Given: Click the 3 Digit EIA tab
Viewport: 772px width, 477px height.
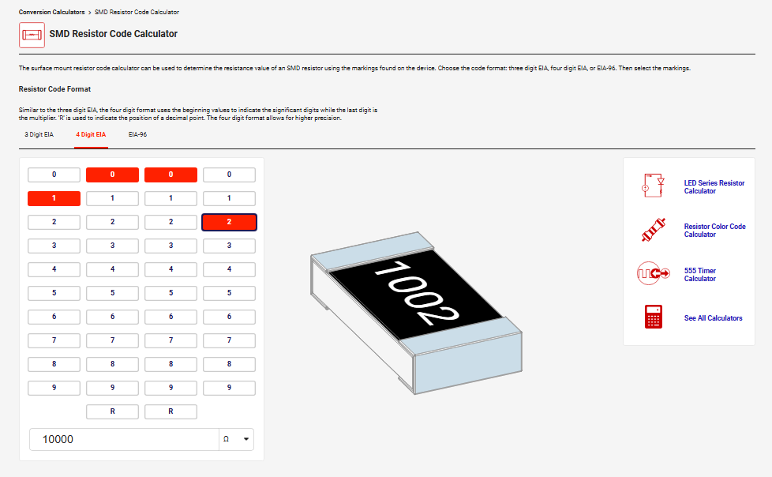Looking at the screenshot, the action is (39, 134).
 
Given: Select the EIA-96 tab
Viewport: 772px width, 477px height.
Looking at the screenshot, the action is (137, 134).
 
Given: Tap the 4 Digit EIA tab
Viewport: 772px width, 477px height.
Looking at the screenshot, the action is (91, 134).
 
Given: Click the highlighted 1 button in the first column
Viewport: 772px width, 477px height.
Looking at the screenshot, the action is (54, 198).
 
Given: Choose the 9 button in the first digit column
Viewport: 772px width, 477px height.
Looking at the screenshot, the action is (54, 388).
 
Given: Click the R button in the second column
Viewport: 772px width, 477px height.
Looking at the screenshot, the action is (112, 411).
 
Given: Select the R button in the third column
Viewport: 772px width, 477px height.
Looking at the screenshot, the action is (171, 411).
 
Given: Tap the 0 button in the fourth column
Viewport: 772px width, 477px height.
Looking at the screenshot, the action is (229, 175).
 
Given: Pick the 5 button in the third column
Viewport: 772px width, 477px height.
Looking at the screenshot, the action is (171, 293).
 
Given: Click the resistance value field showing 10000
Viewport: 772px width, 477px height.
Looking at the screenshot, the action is (124, 439).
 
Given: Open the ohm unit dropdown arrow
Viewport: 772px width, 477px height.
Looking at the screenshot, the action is (246, 439).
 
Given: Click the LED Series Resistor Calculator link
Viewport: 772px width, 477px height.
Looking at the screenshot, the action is (714, 186).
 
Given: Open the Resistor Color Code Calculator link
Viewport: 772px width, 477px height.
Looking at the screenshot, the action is (714, 230).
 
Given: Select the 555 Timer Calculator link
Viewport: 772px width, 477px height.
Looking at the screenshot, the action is (699, 275).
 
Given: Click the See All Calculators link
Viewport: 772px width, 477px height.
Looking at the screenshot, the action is (713, 318).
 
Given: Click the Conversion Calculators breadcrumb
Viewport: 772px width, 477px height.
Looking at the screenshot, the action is (51, 12).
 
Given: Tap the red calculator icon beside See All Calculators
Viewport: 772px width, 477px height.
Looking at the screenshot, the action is (654, 317).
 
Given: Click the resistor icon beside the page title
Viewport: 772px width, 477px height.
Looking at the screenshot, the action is (32, 35).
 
